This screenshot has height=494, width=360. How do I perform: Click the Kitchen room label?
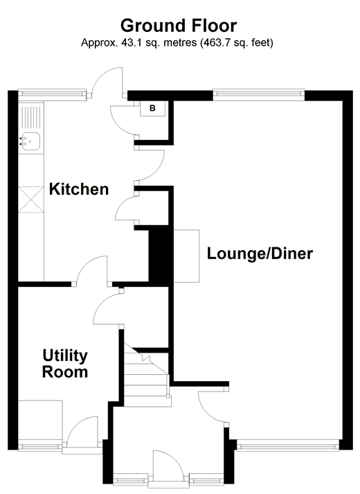click(x=79, y=189)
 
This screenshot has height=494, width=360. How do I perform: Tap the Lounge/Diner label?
click(x=260, y=254)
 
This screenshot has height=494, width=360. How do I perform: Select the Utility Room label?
click(x=65, y=364)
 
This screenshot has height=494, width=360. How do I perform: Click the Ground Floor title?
click(x=179, y=26)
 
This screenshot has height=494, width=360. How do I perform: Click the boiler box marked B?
click(x=152, y=109)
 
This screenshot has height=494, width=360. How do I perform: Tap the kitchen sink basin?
click(x=30, y=141)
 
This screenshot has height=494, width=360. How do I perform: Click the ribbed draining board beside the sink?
click(x=31, y=117)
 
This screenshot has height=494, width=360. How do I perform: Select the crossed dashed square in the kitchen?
click(x=31, y=200)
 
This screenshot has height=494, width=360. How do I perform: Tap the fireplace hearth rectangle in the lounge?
click(x=186, y=256)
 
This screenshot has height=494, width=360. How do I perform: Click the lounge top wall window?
click(x=259, y=94)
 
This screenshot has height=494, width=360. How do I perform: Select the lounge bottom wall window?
click(x=287, y=446)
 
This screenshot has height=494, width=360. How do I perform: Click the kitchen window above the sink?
click(x=52, y=94)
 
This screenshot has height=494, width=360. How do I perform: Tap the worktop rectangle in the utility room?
click(x=40, y=421)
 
